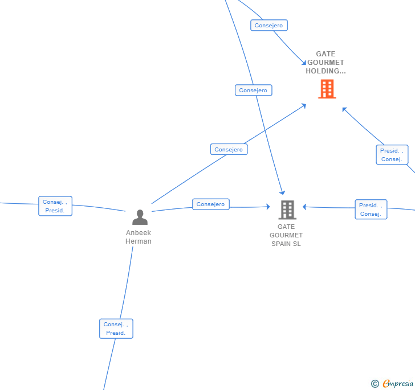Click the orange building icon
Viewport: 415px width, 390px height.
[327, 89]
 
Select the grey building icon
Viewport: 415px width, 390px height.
[287, 210]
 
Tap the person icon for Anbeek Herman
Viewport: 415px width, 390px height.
[140, 217]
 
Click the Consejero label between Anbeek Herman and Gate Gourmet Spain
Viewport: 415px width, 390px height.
[211, 204]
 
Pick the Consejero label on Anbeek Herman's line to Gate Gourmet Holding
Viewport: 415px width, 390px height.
[229, 150]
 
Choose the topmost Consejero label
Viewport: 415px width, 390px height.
[268, 26]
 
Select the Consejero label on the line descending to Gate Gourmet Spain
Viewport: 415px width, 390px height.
[253, 91]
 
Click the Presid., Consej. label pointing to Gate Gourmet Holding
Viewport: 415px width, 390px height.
[392, 155]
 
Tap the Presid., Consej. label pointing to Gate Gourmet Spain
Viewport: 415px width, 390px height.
[371, 210]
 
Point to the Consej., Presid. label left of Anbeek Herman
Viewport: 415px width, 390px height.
[55, 206]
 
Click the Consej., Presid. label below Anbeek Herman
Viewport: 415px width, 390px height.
[116, 329]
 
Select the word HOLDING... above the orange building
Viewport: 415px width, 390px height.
[326, 71]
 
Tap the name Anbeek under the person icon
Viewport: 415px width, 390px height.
[139, 233]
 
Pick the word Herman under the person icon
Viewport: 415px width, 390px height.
[139, 241]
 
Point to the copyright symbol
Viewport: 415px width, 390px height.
[375, 384]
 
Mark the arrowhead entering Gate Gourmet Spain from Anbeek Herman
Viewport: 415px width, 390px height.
[268, 207]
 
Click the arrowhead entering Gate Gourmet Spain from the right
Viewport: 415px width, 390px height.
[305, 207]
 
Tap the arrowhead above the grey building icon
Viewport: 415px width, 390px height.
[282, 193]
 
